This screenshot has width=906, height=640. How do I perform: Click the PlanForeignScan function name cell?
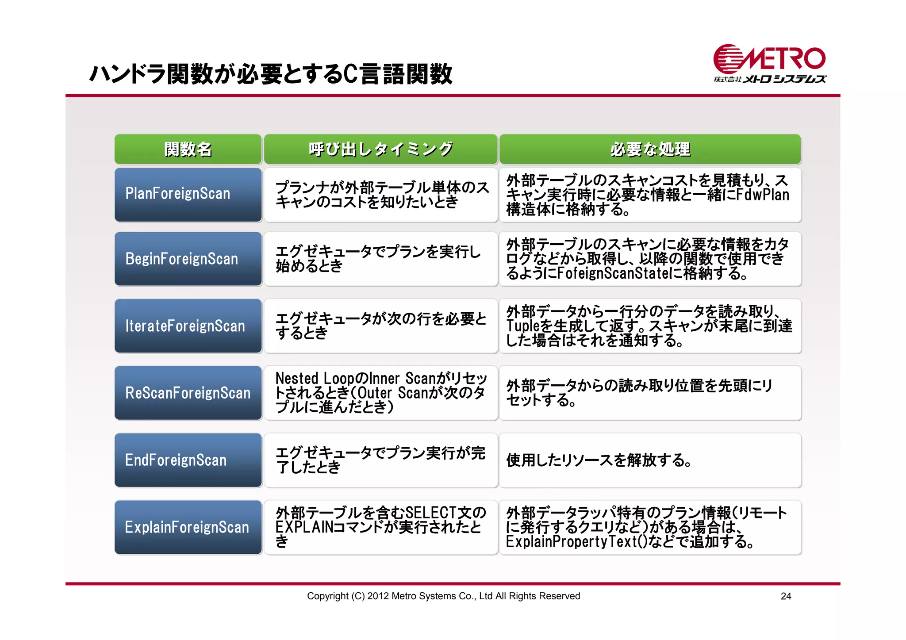188,194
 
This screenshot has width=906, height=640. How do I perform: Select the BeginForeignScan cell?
188,259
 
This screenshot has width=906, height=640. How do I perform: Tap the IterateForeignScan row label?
188,326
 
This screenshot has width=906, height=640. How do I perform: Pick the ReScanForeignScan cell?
188,393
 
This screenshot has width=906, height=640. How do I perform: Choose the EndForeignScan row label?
188,460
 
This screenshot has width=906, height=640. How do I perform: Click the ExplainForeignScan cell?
188,527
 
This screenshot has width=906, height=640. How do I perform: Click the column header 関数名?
188,149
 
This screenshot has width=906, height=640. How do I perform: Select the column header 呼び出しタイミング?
380,149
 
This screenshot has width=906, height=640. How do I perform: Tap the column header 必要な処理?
650,149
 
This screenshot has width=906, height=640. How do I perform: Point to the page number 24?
786,596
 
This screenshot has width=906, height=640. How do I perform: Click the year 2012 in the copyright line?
378,596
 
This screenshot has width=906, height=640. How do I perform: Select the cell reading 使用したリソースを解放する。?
649,460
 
